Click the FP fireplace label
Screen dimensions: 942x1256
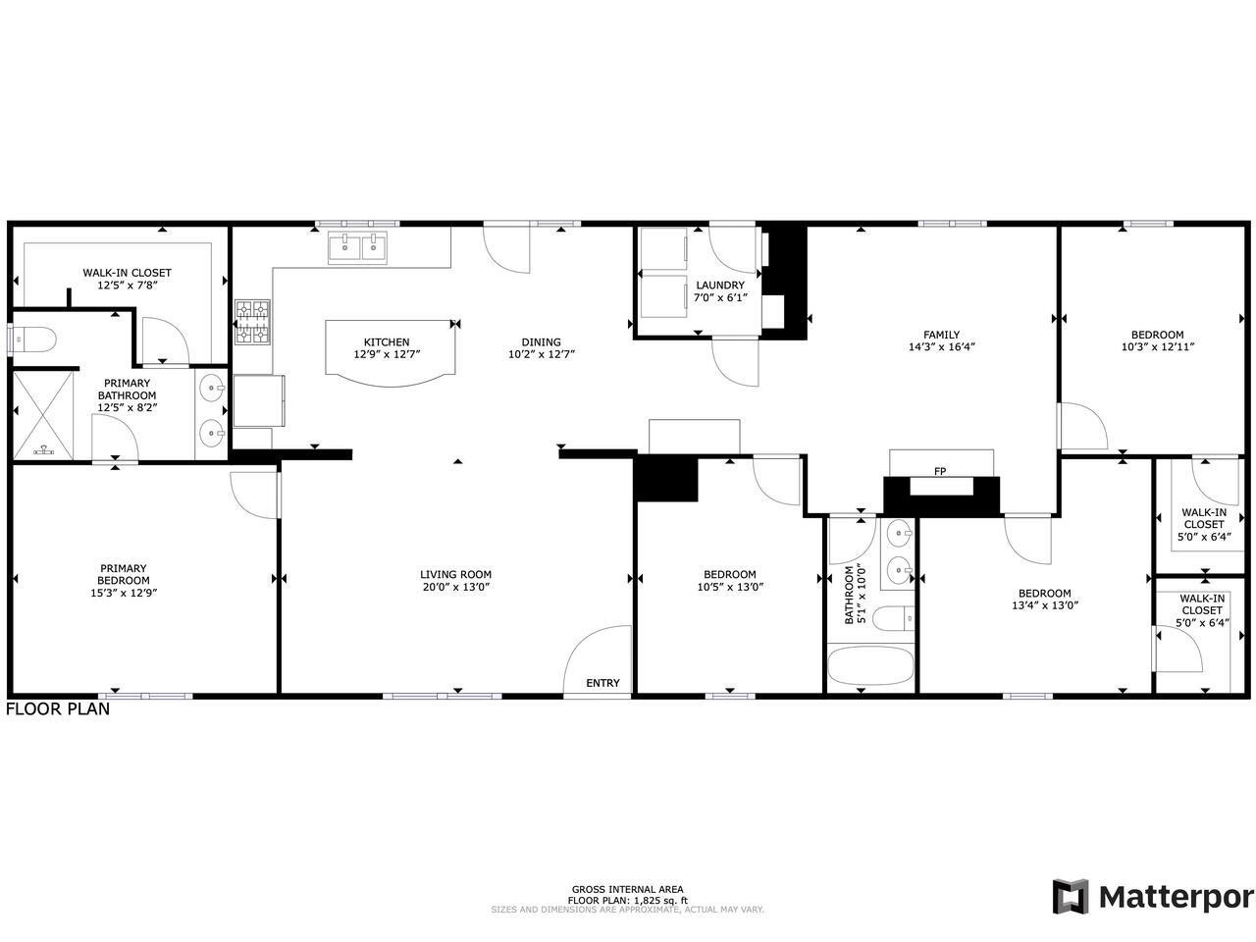click(x=940, y=472)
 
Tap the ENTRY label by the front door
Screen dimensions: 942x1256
click(x=602, y=683)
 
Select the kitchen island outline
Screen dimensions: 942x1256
click(x=392, y=347)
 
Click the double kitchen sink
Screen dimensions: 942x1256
click(x=358, y=247)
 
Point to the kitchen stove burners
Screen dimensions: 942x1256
click(x=251, y=322)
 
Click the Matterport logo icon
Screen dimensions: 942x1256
click(x=1071, y=897)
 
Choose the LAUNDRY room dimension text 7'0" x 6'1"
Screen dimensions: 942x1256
click(x=720, y=297)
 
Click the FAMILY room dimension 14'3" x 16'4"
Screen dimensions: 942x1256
click(x=941, y=346)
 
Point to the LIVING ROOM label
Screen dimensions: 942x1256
click(x=455, y=575)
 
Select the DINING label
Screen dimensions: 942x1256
click(x=541, y=342)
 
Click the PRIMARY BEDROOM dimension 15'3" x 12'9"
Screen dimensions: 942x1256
click(x=123, y=593)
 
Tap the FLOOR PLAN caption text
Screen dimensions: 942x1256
click(x=58, y=708)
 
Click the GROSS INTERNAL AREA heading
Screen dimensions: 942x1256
click(x=627, y=889)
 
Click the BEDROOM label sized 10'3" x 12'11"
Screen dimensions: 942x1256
click(x=1157, y=335)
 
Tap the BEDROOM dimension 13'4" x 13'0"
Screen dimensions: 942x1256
click(x=1044, y=605)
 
